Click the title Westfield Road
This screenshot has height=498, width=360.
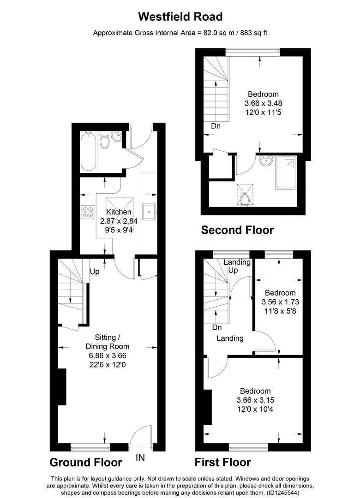[x=180, y=17]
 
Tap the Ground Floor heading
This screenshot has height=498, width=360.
[x=85, y=462]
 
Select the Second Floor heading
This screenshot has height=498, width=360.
[x=237, y=230]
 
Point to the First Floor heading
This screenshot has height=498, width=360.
[x=223, y=462]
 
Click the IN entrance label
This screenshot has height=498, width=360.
[x=140, y=457]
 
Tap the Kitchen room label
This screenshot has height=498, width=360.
[x=119, y=212]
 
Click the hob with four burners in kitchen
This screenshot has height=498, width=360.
[x=88, y=212]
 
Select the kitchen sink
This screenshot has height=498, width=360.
[x=150, y=212]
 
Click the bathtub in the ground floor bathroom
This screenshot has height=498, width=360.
[x=89, y=153]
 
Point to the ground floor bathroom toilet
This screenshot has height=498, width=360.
[x=105, y=141]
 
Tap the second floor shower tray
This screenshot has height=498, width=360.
[x=286, y=173]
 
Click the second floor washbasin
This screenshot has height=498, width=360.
[x=266, y=162]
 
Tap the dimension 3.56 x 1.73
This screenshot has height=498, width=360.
[x=280, y=302]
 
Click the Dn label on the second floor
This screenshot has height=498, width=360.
[x=216, y=126]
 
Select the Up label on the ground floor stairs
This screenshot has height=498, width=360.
[x=95, y=272]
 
